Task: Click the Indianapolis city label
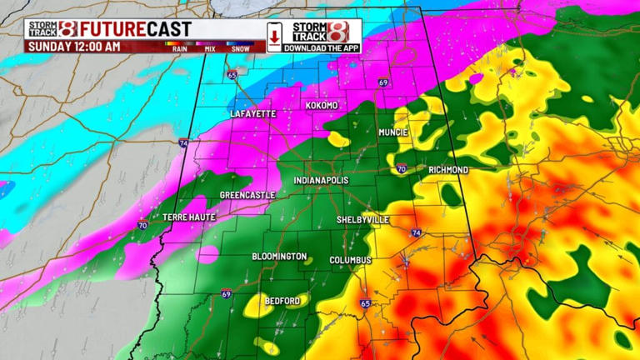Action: coord(321,181)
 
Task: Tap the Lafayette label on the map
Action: coord(252,113)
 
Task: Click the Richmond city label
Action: coord(448,170)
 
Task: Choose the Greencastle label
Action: coord(247,195)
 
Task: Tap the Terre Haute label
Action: coord(189,217)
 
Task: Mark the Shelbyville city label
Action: coord(362,219)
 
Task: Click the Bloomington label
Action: coord(279,257)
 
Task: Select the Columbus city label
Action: coord(350,260)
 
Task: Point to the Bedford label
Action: coord(281,299)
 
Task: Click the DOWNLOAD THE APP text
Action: coord(322,48)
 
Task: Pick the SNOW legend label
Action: coord(242,49)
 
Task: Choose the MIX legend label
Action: coord(210,49)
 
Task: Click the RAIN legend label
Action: coord(179,49)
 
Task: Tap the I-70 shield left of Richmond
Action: coord(402,169)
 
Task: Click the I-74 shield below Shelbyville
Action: coord(416,233)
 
